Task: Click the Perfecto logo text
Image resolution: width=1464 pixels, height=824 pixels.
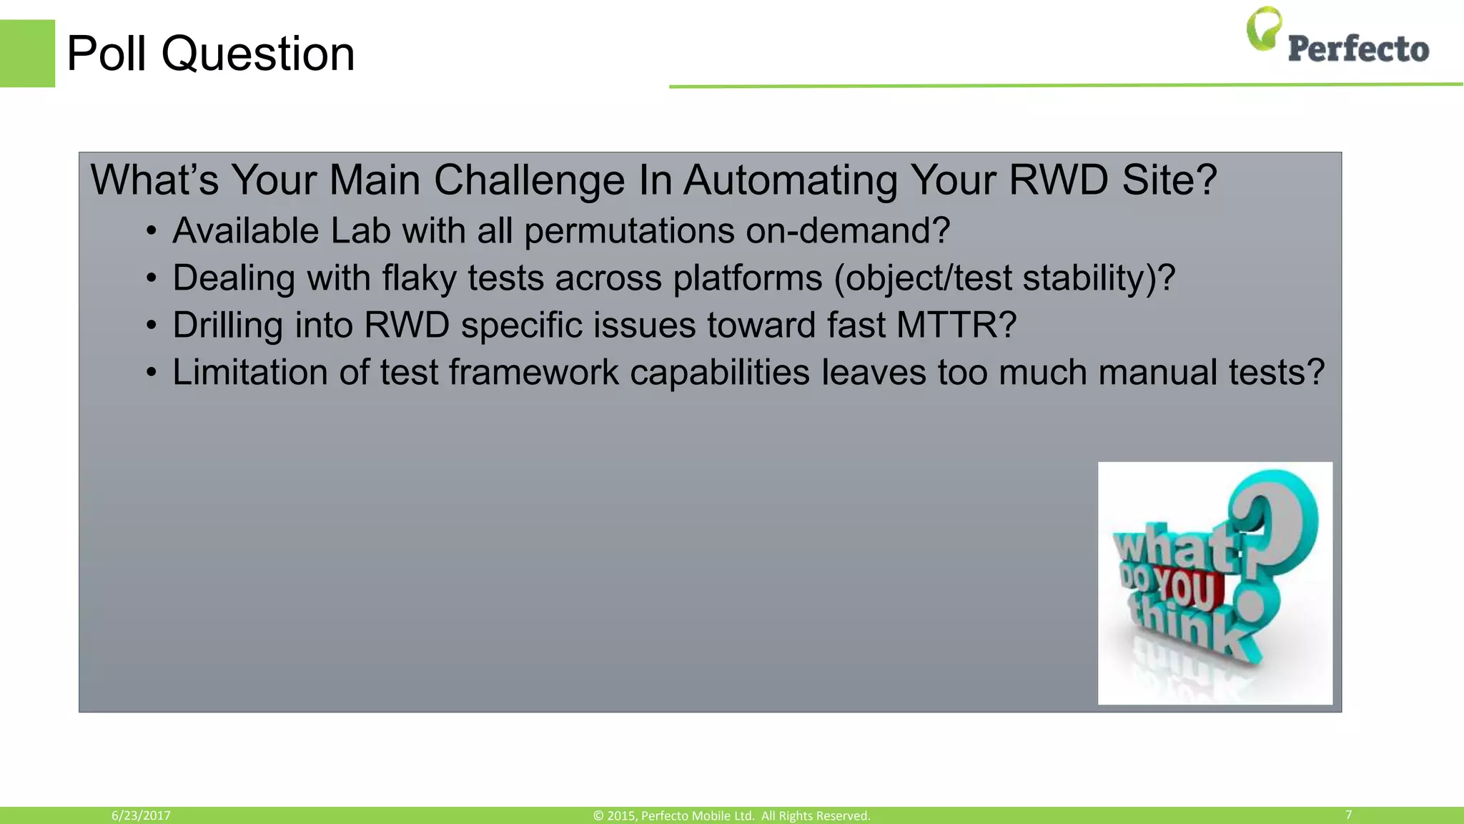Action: [1358, 49]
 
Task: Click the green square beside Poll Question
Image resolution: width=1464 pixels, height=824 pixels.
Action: [27, 54]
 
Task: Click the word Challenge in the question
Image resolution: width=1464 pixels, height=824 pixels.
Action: [529, 180]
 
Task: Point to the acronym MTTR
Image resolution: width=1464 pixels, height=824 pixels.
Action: [956, 325]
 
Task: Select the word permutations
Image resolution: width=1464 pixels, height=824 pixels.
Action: [629, 232]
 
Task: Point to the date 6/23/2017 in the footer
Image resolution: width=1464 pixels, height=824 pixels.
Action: [141, 815]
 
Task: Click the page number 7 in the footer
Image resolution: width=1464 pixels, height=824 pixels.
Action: [1348, 815]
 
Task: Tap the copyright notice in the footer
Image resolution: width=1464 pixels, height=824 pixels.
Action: [731, 815]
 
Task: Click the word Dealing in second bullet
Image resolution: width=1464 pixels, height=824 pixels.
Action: [233, 278]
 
